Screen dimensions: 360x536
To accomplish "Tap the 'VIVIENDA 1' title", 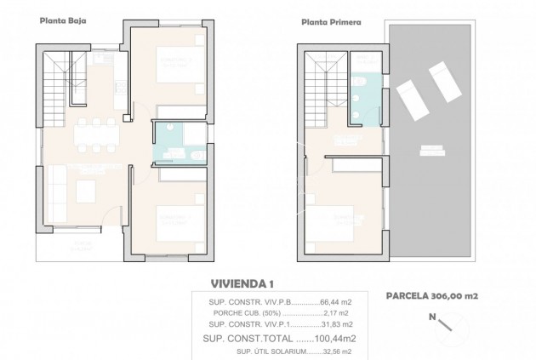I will click(x=242, y=284).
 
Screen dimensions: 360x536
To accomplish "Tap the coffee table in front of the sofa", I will click(x=88, y=187).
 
